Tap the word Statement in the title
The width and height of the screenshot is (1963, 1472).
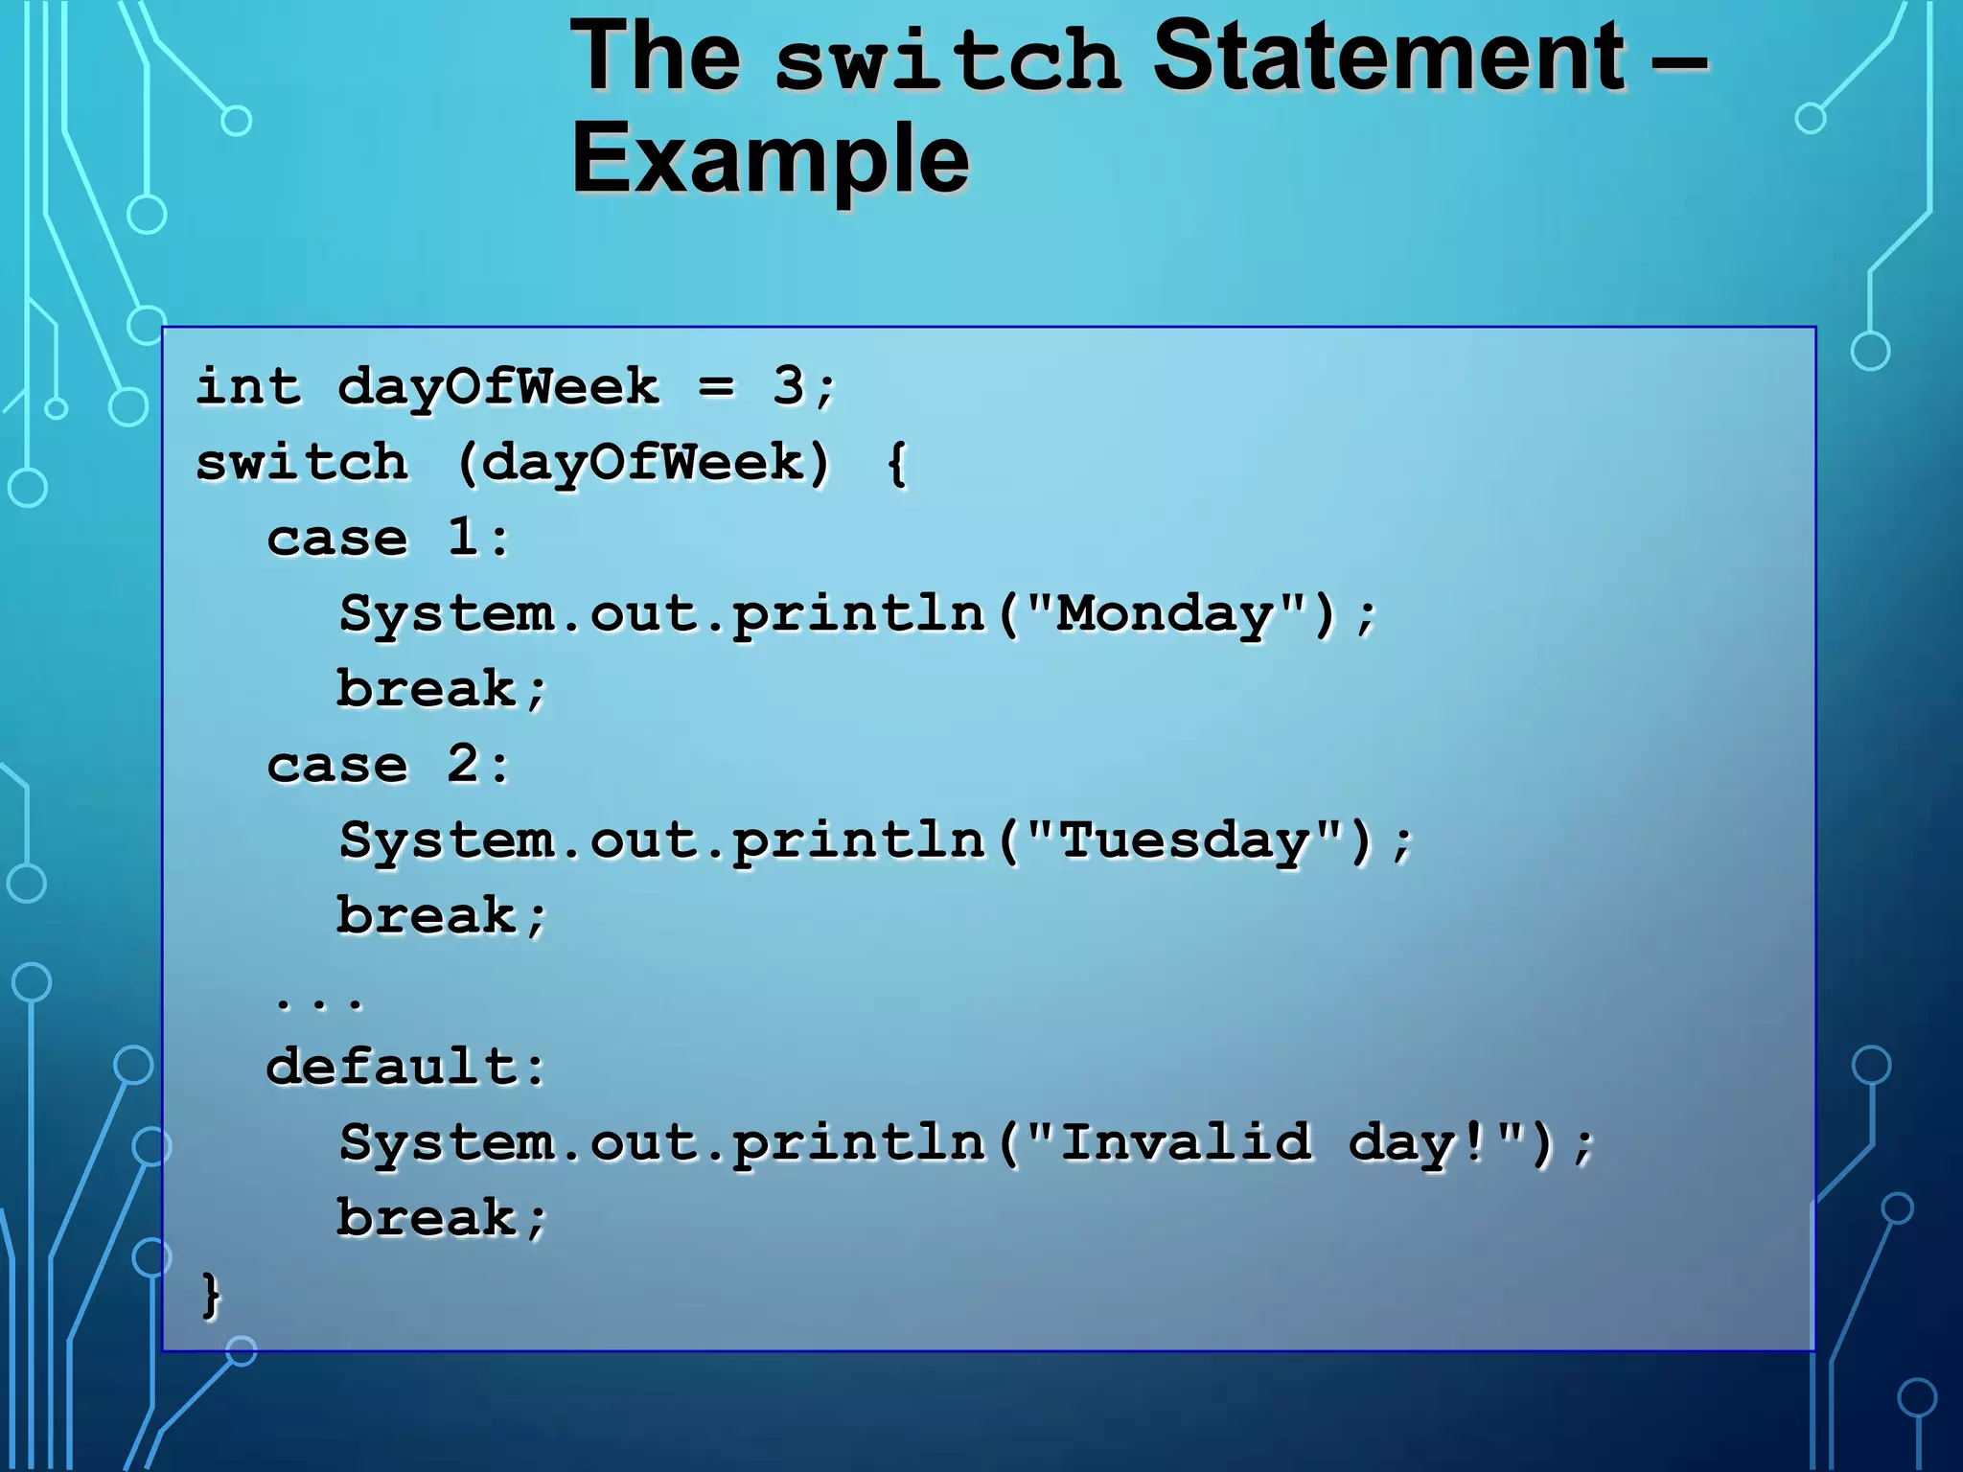1388,57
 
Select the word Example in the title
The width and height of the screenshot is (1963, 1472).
770,158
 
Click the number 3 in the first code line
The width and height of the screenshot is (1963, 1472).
789,386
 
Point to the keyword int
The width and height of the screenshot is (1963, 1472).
248,386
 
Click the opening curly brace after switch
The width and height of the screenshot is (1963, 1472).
896,464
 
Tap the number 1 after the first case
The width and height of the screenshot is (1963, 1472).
464,537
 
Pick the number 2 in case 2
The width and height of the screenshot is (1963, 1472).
464,764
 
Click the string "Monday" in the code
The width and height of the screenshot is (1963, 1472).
1166,614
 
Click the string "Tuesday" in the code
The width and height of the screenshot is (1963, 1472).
1185,841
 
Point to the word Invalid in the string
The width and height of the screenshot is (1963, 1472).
1186,1142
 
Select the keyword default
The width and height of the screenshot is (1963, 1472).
392,1067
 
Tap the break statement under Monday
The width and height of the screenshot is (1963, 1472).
427,689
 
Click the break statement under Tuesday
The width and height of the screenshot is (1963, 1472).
427,916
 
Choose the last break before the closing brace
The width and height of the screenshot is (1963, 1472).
427,1218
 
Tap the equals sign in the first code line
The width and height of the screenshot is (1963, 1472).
716,388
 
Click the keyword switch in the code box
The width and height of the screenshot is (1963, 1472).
302,463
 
